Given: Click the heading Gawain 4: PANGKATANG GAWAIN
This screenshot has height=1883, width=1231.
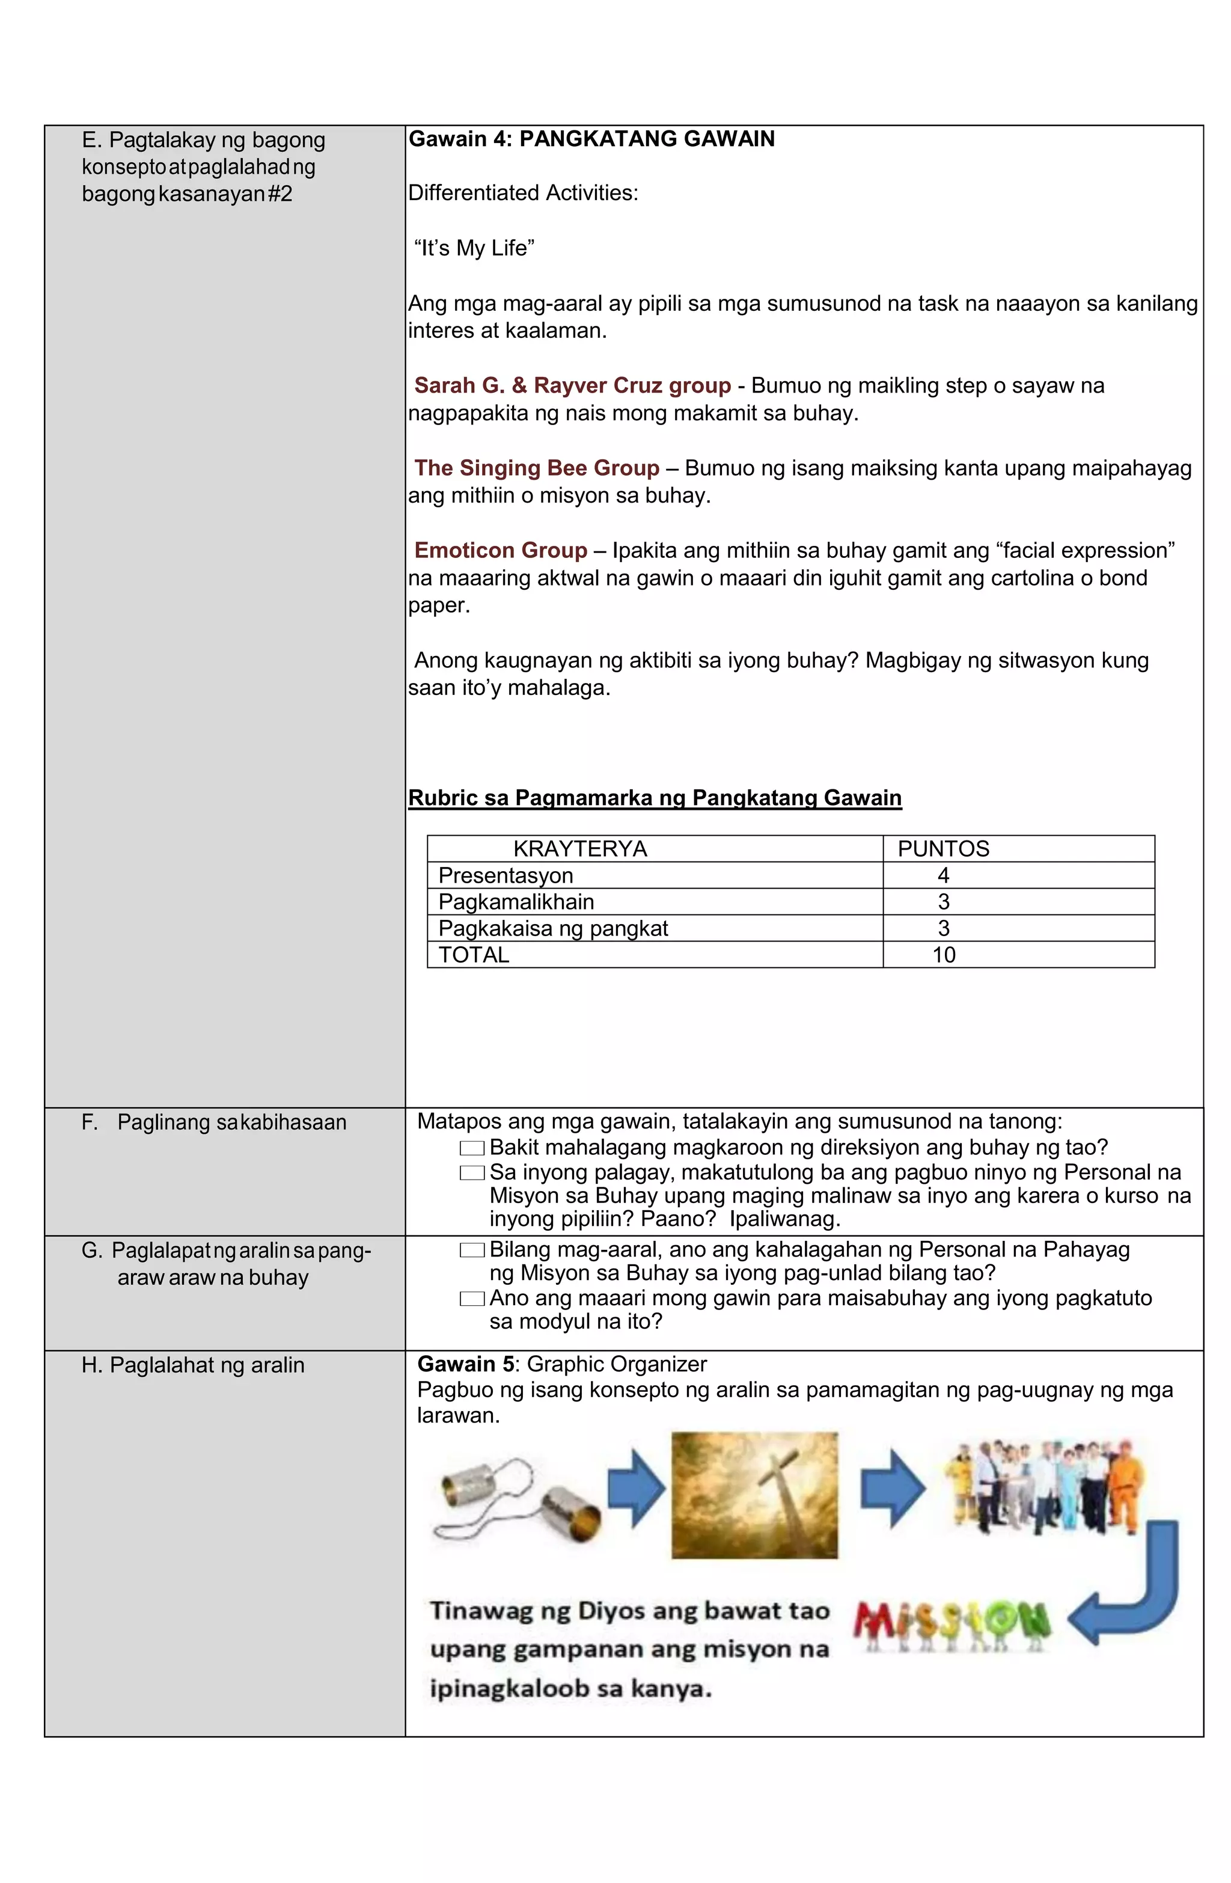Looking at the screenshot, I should (x=590, y=139).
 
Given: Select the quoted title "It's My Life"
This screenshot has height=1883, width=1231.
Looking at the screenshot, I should (x=473, y=248).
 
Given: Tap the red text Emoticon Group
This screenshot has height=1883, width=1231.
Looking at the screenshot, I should (x=500, y=551).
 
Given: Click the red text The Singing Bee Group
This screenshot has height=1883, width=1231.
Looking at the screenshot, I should (x=536, y=468).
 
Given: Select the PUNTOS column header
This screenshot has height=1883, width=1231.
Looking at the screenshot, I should (x=942, y=849).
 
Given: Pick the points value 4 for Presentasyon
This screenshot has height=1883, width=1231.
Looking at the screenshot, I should (x=942, y=875).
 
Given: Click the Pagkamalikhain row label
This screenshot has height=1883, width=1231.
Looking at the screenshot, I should (x=515, y=902).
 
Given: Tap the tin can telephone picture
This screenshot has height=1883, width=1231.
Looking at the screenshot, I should (x=516, y=1499).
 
